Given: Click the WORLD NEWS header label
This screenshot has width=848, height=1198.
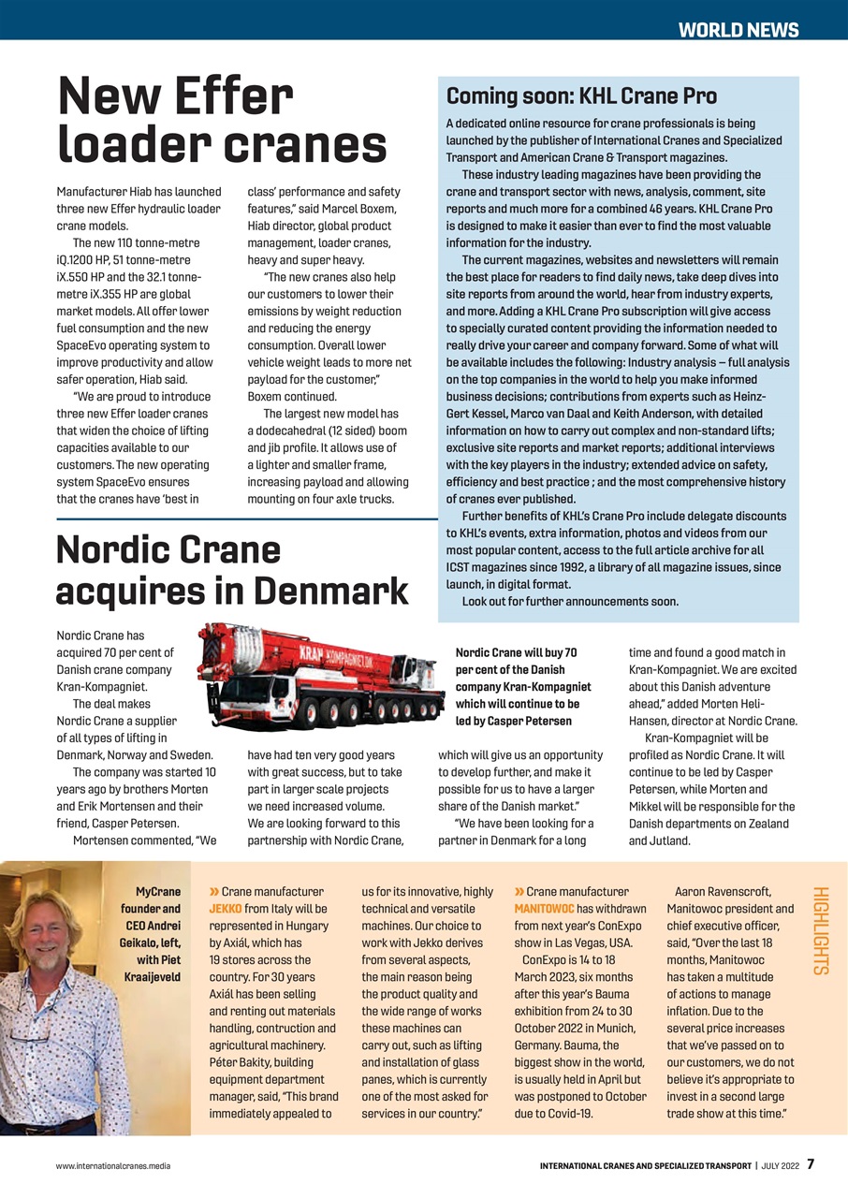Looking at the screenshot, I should (738, 29).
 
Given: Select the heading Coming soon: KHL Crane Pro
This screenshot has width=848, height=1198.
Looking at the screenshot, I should (581, 96).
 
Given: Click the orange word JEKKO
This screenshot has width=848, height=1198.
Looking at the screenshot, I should (226, 909).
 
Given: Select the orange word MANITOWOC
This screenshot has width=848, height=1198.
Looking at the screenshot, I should (545, 909).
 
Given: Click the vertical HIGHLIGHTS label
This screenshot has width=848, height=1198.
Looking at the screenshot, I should (820, 930).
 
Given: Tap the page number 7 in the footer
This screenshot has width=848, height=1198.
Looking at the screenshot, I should (811, 1164).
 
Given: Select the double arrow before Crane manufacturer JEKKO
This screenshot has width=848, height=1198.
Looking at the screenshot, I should (214, 892).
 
